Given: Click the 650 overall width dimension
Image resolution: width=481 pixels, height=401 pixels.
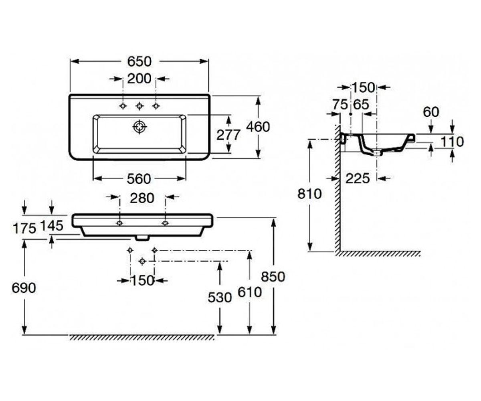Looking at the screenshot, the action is coord(139,61).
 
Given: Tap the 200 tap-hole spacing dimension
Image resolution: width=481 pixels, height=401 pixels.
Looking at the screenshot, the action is coord(139,79).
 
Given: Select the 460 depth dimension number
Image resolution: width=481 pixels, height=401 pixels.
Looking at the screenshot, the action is coord(258,127).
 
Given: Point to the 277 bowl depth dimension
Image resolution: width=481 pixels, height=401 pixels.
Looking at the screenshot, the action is coord(228,135).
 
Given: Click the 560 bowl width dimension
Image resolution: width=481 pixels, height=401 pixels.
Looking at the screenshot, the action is coord(139,178).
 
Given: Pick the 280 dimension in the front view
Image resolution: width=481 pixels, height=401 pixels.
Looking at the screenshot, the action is coord(142,198).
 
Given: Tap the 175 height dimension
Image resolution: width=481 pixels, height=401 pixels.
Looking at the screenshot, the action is coord(24,229).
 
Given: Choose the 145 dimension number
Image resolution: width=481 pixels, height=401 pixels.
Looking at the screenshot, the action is coord(52,226).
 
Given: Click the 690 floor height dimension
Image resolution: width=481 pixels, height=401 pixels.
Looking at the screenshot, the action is coord(24,288).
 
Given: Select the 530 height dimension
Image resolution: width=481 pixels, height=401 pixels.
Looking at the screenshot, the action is coord(220,298).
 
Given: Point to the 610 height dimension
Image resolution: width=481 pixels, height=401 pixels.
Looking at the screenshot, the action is coord(250,292).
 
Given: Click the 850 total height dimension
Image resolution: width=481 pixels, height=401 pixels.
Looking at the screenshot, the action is coord(273,277).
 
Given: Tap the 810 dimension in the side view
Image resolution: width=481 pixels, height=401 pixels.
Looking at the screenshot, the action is coord(309,194).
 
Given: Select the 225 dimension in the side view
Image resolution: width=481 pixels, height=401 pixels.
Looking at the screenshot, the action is coord(358,178).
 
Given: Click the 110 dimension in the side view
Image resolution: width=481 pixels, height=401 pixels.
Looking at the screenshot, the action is coord(452,142).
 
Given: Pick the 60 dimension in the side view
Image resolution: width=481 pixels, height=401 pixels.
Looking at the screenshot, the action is coord(431,112).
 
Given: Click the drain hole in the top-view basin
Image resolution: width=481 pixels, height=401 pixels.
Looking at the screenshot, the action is coord(140,127).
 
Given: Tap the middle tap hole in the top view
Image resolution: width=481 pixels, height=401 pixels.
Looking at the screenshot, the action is coord(139,106).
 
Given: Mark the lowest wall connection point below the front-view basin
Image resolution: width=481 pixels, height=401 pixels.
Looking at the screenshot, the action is coord(142,261).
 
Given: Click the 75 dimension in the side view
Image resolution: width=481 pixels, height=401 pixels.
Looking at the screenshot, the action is coord(340,105).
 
